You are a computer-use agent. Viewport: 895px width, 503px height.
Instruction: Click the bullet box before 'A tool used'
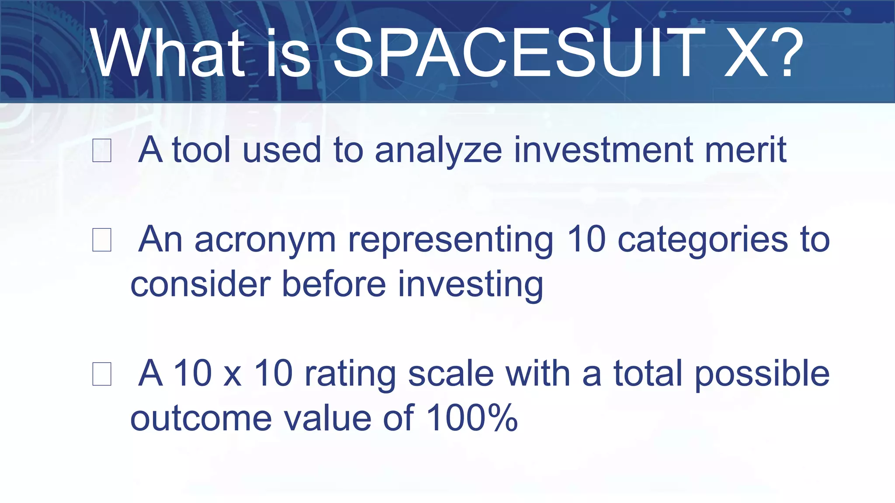[x=102, y=151]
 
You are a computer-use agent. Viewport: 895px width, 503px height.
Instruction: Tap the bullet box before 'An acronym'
[x=102, y=240]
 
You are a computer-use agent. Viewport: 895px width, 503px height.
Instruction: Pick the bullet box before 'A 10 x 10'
[x=102, y=374]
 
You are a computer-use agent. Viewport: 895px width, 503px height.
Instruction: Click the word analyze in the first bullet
[x=438, y=151]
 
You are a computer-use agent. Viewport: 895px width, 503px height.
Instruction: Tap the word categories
[x=702, y=240]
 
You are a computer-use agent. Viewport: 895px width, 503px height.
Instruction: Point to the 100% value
[x=472, y=418]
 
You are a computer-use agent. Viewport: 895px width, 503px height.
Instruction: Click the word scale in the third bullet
[x=451, y=374]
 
